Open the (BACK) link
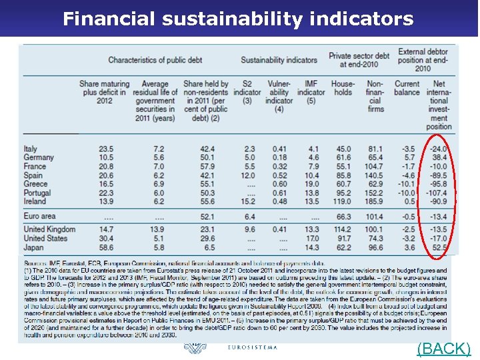pos(443,349)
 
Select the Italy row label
pos(31,149)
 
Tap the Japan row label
pos(35,247)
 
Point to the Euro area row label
pos(40,216)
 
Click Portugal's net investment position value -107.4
pos(434,193)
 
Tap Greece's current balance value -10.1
pos(406,184)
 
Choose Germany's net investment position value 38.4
pos(437,158)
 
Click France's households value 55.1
pos(343,167)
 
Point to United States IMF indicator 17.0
pos(312,238)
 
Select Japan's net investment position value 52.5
pos(437,247)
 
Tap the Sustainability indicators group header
pos(279,60)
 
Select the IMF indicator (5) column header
pos(311,93)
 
